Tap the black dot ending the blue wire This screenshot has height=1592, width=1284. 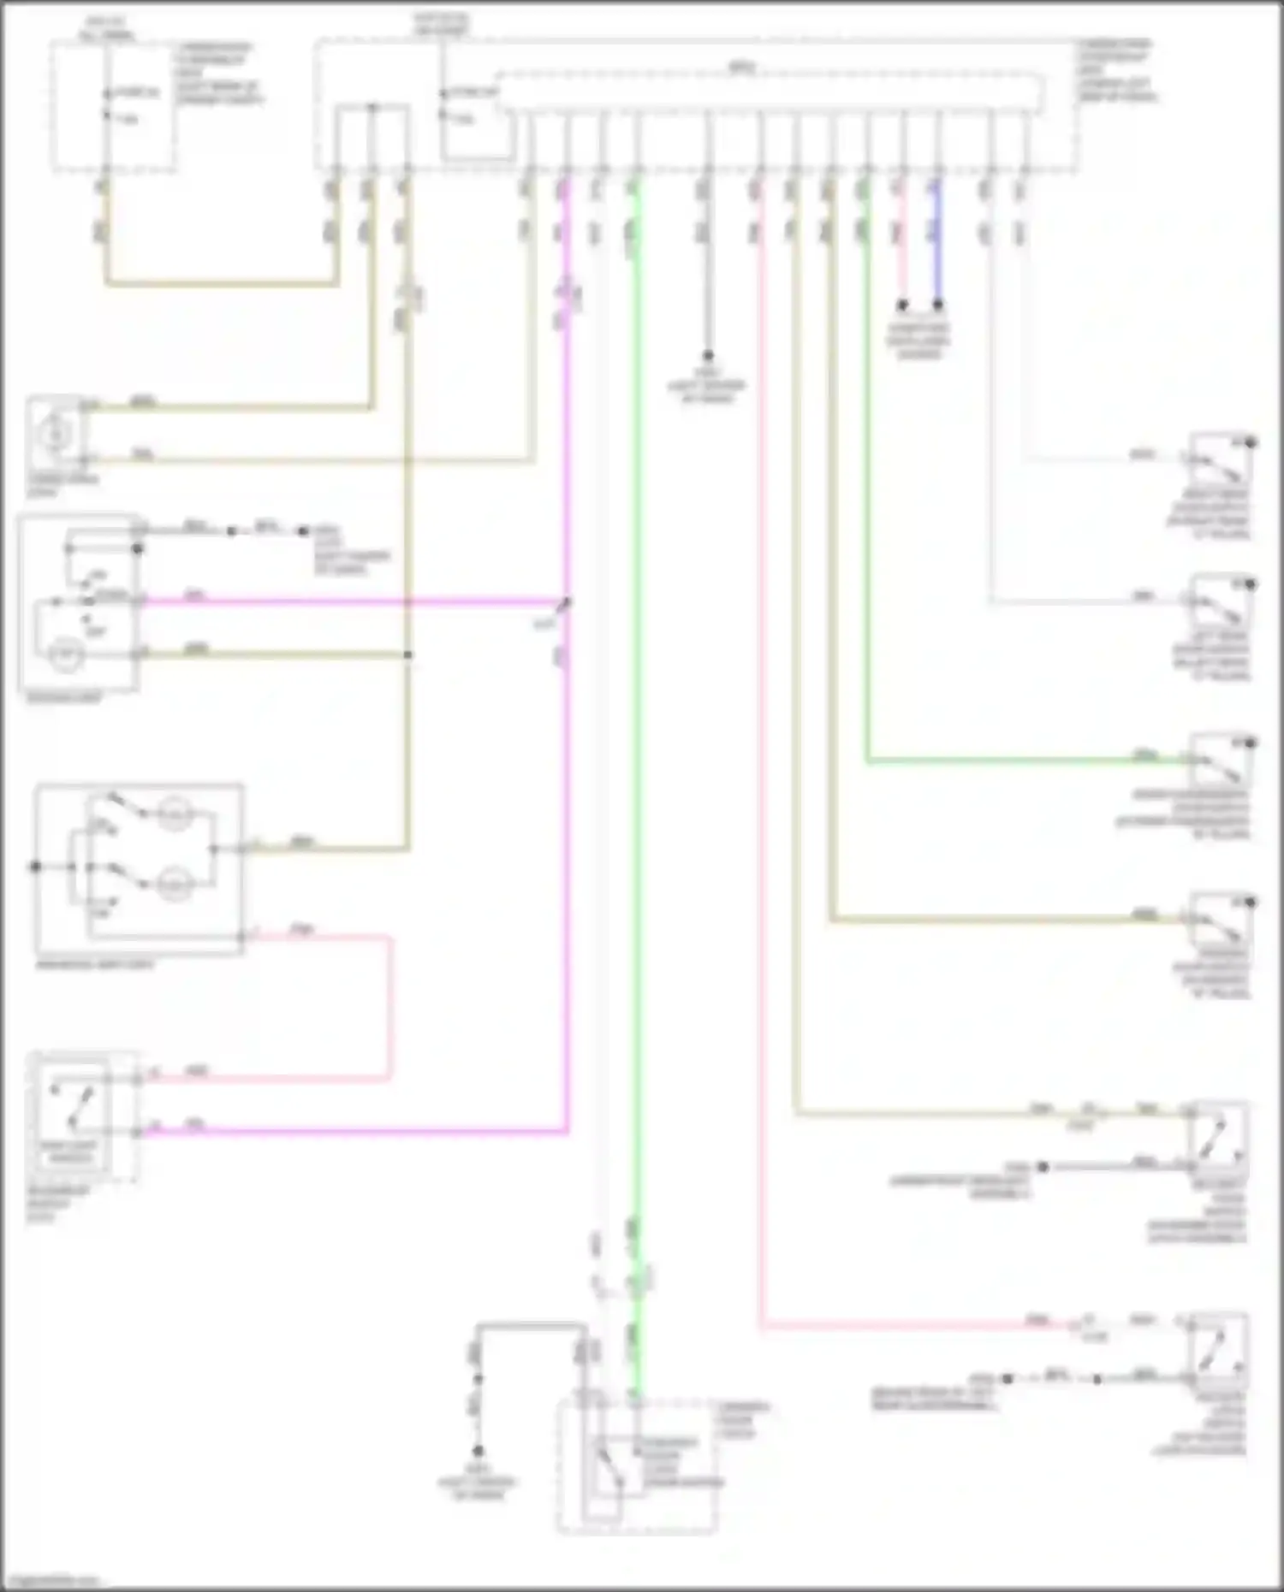coord(938,305)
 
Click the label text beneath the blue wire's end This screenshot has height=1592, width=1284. coord(918,340)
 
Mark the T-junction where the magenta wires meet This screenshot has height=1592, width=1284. coord(567,602)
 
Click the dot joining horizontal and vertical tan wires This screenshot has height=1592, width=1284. coord(408,655)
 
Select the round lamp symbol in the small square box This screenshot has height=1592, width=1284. coord(56,435)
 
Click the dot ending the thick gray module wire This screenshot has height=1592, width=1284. coord(708,355)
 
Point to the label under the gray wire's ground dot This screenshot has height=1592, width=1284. coord(707,386)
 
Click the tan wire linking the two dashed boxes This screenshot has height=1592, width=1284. coord(223,283)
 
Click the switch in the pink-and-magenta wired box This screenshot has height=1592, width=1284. coord(71,1104)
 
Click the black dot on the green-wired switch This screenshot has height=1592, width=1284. coord(1251,743)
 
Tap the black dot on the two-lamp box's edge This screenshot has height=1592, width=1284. coord(36,867)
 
